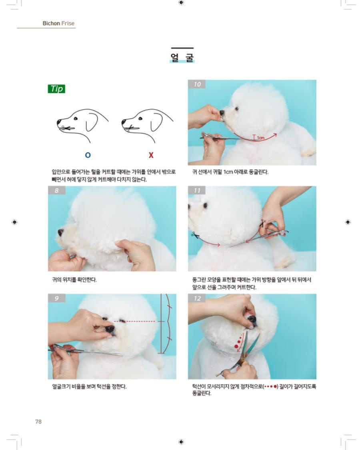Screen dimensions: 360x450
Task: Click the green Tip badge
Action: [x=56, y=89]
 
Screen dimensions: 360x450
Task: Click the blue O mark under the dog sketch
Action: [x=88, y=155]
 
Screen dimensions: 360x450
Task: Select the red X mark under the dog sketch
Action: [x=151, y=155]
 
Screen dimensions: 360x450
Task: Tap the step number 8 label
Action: [x=56, y=190]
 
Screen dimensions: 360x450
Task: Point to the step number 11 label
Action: [x=197, y=190]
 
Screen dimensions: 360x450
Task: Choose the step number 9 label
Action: [x=56, y=298]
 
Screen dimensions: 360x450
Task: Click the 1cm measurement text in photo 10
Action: [x=261, y=138]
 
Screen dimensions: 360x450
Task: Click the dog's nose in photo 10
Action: [x=222, y=112]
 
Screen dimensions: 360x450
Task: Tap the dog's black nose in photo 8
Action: [x=61, y=232]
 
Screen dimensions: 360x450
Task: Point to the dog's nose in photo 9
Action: [x=110, y=329]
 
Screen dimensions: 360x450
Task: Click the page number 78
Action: [x=38, y=421]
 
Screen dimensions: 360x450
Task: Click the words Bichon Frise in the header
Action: [x=58, y=23]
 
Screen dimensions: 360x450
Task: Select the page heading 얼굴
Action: [x=182, y=57]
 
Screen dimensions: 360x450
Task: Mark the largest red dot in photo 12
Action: [x=236, y=346]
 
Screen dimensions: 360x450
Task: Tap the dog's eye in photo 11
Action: [x=205, y=206]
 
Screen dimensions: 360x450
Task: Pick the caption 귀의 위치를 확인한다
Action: [x=74, y=280]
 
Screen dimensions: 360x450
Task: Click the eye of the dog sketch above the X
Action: [x=140, y=118]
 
